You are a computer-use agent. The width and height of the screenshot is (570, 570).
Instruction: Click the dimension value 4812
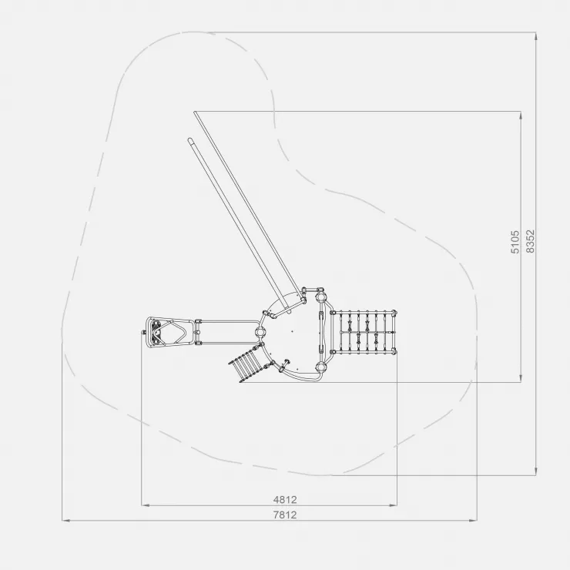pyautogui.click(x=285, y=499)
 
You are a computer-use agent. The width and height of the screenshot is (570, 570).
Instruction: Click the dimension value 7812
pyautogui.click(x=285, y=515)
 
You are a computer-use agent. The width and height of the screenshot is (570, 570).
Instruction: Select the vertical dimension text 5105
pyautogui.click(x=515, y=242)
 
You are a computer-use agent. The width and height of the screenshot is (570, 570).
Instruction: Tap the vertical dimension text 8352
pyautogui.click(x=531, y=241)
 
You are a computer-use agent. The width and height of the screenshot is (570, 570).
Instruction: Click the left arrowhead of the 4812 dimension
pyautogui.click(x=145, y=505)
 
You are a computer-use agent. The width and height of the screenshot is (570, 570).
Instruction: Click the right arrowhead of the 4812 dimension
pyautogui.click(x=393, y=505)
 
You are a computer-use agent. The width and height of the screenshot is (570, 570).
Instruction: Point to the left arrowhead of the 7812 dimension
pyautogui.click(x=65, y=521)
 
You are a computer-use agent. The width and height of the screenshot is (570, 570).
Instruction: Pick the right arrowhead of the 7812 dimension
pyautogui.click(x=473, y=521)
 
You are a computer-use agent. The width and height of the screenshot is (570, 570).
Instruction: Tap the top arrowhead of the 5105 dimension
pyautogui.click(x=521, y=116)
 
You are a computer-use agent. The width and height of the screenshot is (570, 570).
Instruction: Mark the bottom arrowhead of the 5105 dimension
pyautogui.click(x=521, y=378)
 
